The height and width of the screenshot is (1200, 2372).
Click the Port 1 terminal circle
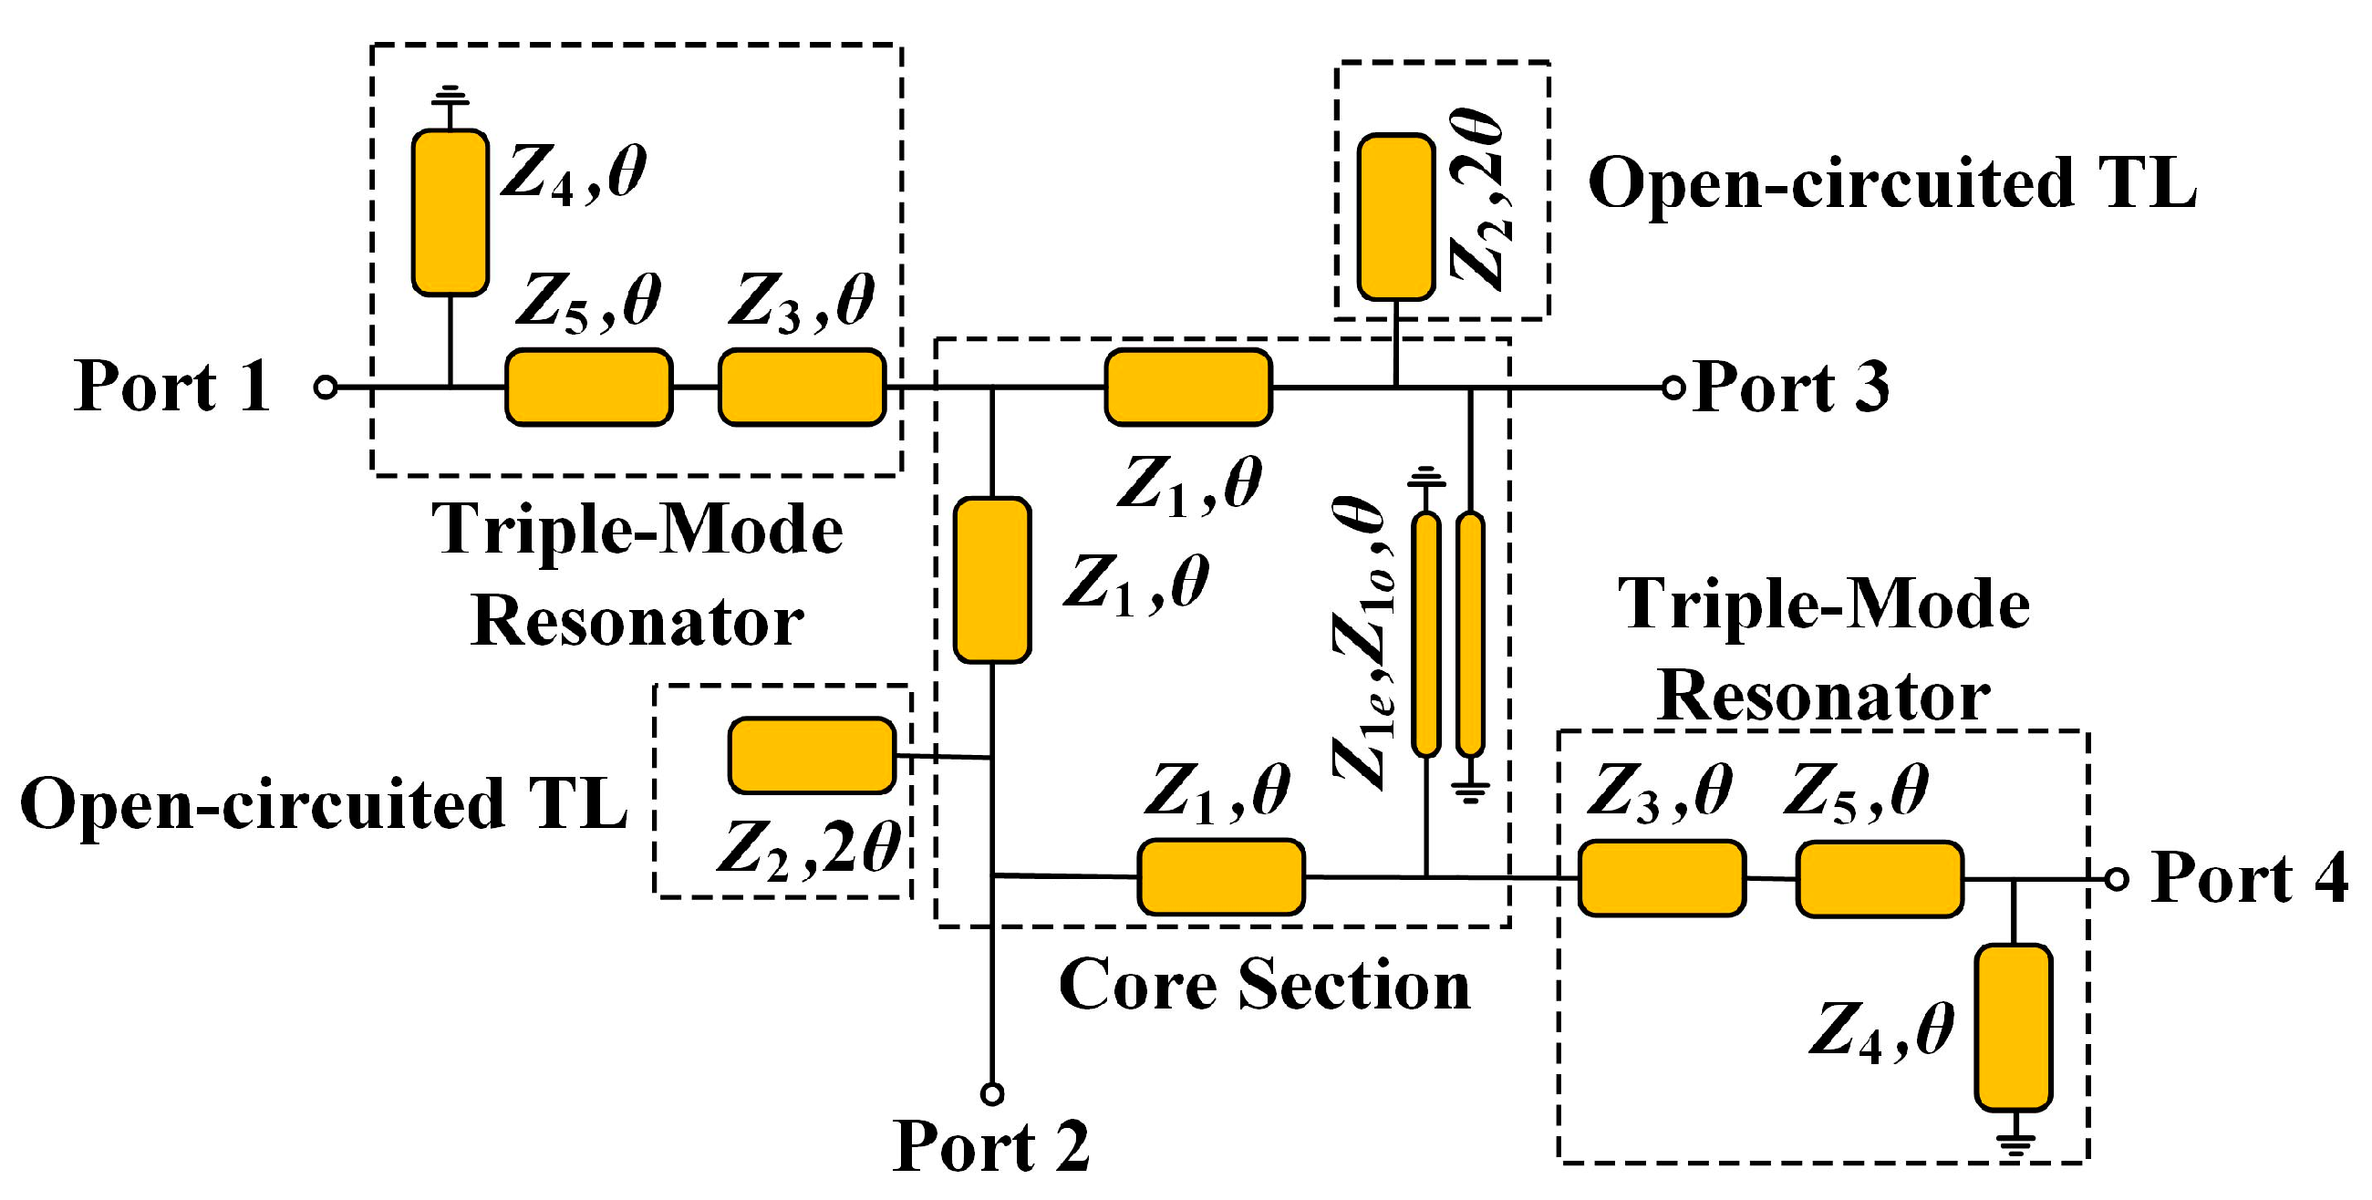325,387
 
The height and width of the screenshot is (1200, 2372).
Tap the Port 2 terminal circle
991,1094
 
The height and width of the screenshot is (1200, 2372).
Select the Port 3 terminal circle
1673,388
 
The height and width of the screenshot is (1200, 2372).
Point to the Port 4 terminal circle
2117,880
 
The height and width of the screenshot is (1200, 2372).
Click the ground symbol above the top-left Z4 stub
451,94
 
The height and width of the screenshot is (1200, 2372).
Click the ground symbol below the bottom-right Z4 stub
2015,1144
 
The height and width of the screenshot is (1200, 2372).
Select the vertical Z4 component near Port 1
451,212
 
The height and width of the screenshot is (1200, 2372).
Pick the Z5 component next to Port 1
588,387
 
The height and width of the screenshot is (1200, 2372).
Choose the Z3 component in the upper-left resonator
801,387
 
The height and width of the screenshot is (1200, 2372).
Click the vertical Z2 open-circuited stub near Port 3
1396,217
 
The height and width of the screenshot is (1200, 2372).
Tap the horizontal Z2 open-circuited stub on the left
812,755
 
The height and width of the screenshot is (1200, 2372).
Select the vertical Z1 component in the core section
991,580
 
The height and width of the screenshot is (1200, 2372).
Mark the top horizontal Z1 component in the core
1188,387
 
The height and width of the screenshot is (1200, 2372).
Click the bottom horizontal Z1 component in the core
1221,876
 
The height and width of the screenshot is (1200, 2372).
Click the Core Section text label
1263,986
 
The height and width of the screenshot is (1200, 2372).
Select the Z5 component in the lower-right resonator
1880,879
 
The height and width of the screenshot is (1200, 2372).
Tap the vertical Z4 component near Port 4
2014,1028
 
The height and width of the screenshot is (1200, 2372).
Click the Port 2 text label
990,1146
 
